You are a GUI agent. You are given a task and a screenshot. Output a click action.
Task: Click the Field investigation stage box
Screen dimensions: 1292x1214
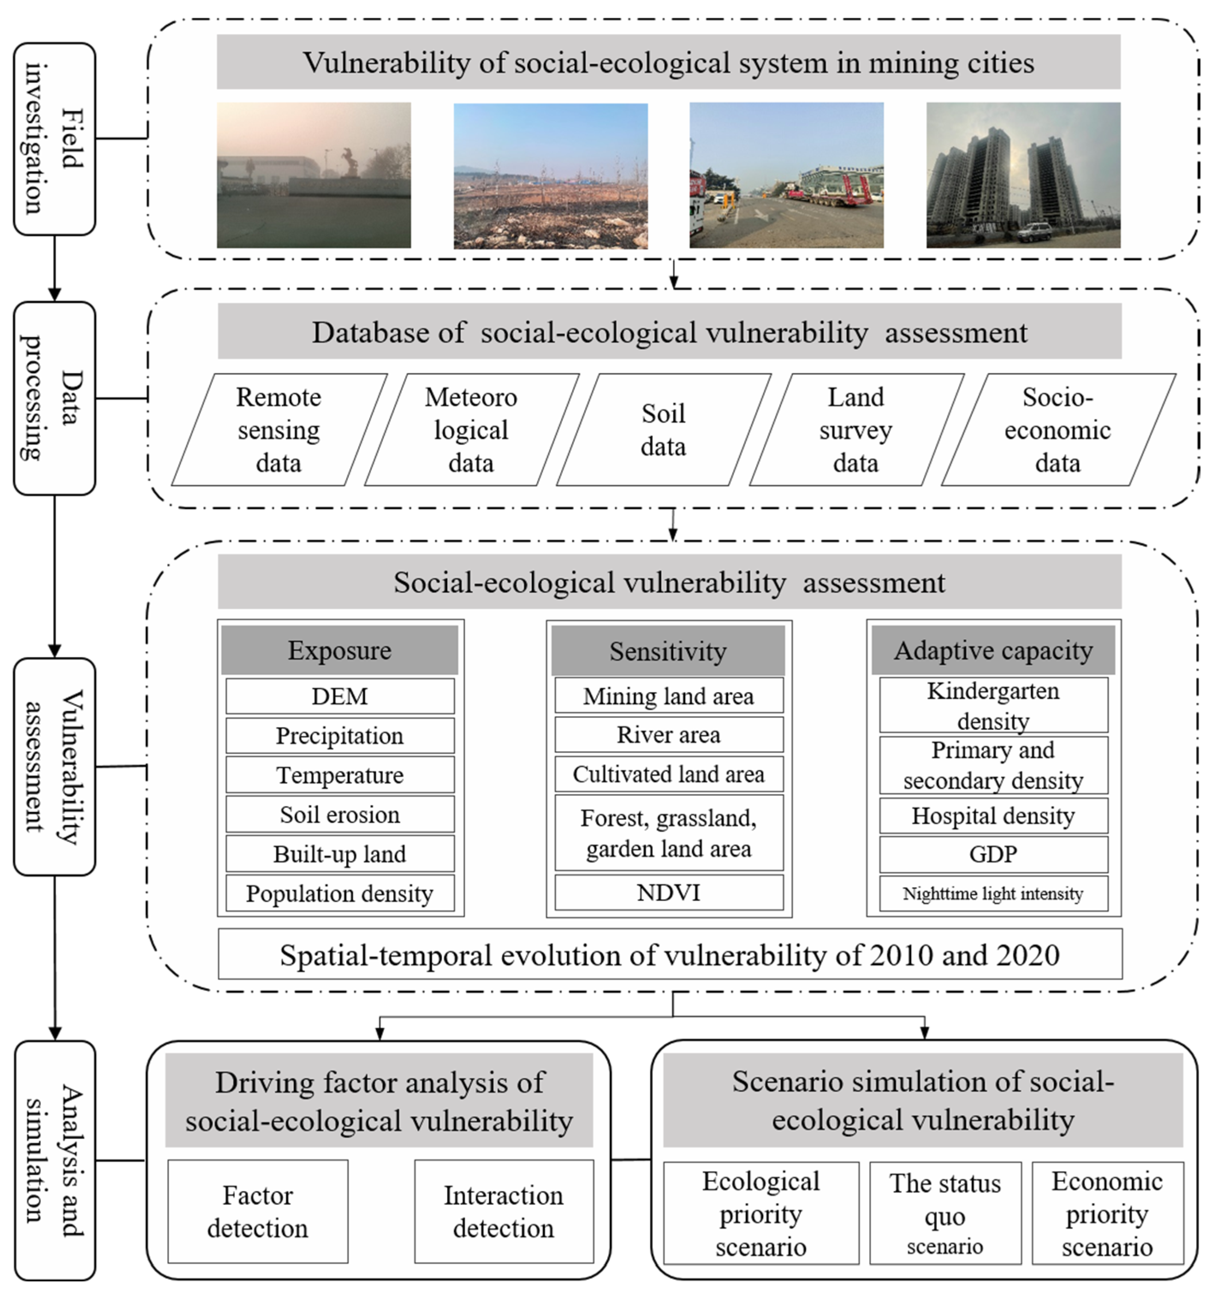(x=55, y=139)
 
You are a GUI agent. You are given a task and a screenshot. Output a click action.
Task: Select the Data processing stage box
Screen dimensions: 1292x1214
(x=55, y=398)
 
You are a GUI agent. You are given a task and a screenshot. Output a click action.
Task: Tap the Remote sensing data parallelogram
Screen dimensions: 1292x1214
(x=279, y=430)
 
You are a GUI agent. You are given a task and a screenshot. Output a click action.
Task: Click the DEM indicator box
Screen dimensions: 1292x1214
(x=340, y=696)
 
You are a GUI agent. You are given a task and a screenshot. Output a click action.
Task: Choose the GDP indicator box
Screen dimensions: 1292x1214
(x=993, y=854)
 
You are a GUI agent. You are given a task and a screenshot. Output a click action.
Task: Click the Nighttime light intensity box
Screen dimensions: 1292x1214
(x=993, y=894)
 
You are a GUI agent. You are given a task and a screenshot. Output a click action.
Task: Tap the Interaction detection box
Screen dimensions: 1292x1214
(x=504, y=1212)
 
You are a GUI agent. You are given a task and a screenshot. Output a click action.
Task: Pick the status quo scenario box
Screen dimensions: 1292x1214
(x=945, y=1213)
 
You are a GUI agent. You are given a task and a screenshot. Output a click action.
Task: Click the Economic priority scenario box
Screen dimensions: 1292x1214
(x=1107, y=1213)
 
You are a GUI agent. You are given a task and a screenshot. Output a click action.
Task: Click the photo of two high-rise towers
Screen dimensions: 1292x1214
(x=1023, y=175)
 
